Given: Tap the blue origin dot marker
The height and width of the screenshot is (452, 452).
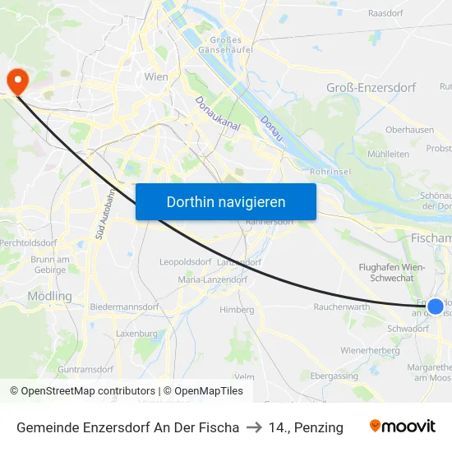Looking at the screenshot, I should pyautogui.click(x=436, y=307).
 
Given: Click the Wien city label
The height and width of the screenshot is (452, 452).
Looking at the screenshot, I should pyautogui.click(x=156, y=77).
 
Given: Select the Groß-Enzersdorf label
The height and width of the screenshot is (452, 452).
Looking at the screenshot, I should pyautogui.click(x=371, y=87).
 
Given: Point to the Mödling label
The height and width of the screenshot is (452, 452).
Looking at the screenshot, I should pyautogui.click(x=49, y=296).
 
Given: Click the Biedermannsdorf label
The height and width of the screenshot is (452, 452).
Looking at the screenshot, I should pyautogui.click(x=124, y=307).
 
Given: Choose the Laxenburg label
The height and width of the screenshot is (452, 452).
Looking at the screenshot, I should pyautogui.click(x=136, y=334).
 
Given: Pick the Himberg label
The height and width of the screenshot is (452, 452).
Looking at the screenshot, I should pyautogui.click(x=238, y=310).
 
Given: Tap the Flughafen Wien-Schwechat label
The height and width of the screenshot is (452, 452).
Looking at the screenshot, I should pyautogui.click(x=391, y=273).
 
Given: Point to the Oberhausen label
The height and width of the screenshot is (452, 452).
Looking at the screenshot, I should pyautogui.click(x=409, y=130).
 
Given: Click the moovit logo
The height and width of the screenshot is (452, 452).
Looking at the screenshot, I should pyautogui.click(x=403, y=427).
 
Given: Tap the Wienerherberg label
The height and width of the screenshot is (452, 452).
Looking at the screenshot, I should pyautogui.click(x=370, y=350).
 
